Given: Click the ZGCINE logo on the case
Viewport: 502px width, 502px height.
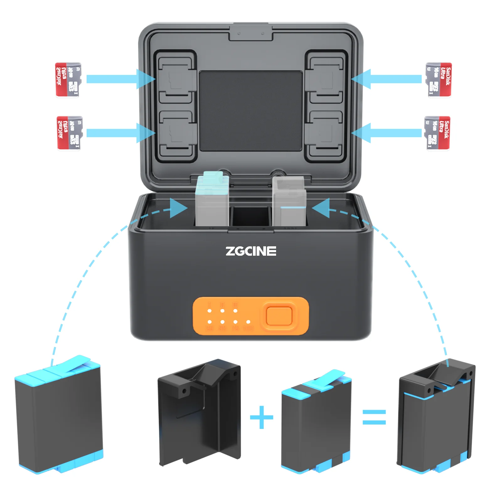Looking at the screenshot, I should pyautogui.click(x=251, y=251).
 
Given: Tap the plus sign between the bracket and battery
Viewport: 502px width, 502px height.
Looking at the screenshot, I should pyautogui.click(x=261, y=417).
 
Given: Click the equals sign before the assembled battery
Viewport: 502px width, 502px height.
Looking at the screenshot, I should pyautogui.click(x=374, y=417).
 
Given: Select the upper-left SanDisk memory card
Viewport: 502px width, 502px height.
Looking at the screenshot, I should pyautogui.click(x=68, y=80).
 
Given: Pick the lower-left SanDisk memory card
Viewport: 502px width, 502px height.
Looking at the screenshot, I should pyautogui.click(x=69, y=133).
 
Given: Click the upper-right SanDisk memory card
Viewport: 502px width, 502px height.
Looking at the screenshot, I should pyautogui.click(x=439, y=80).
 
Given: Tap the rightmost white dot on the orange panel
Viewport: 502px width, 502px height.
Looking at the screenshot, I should pyautogui.click(x=248, y=322).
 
